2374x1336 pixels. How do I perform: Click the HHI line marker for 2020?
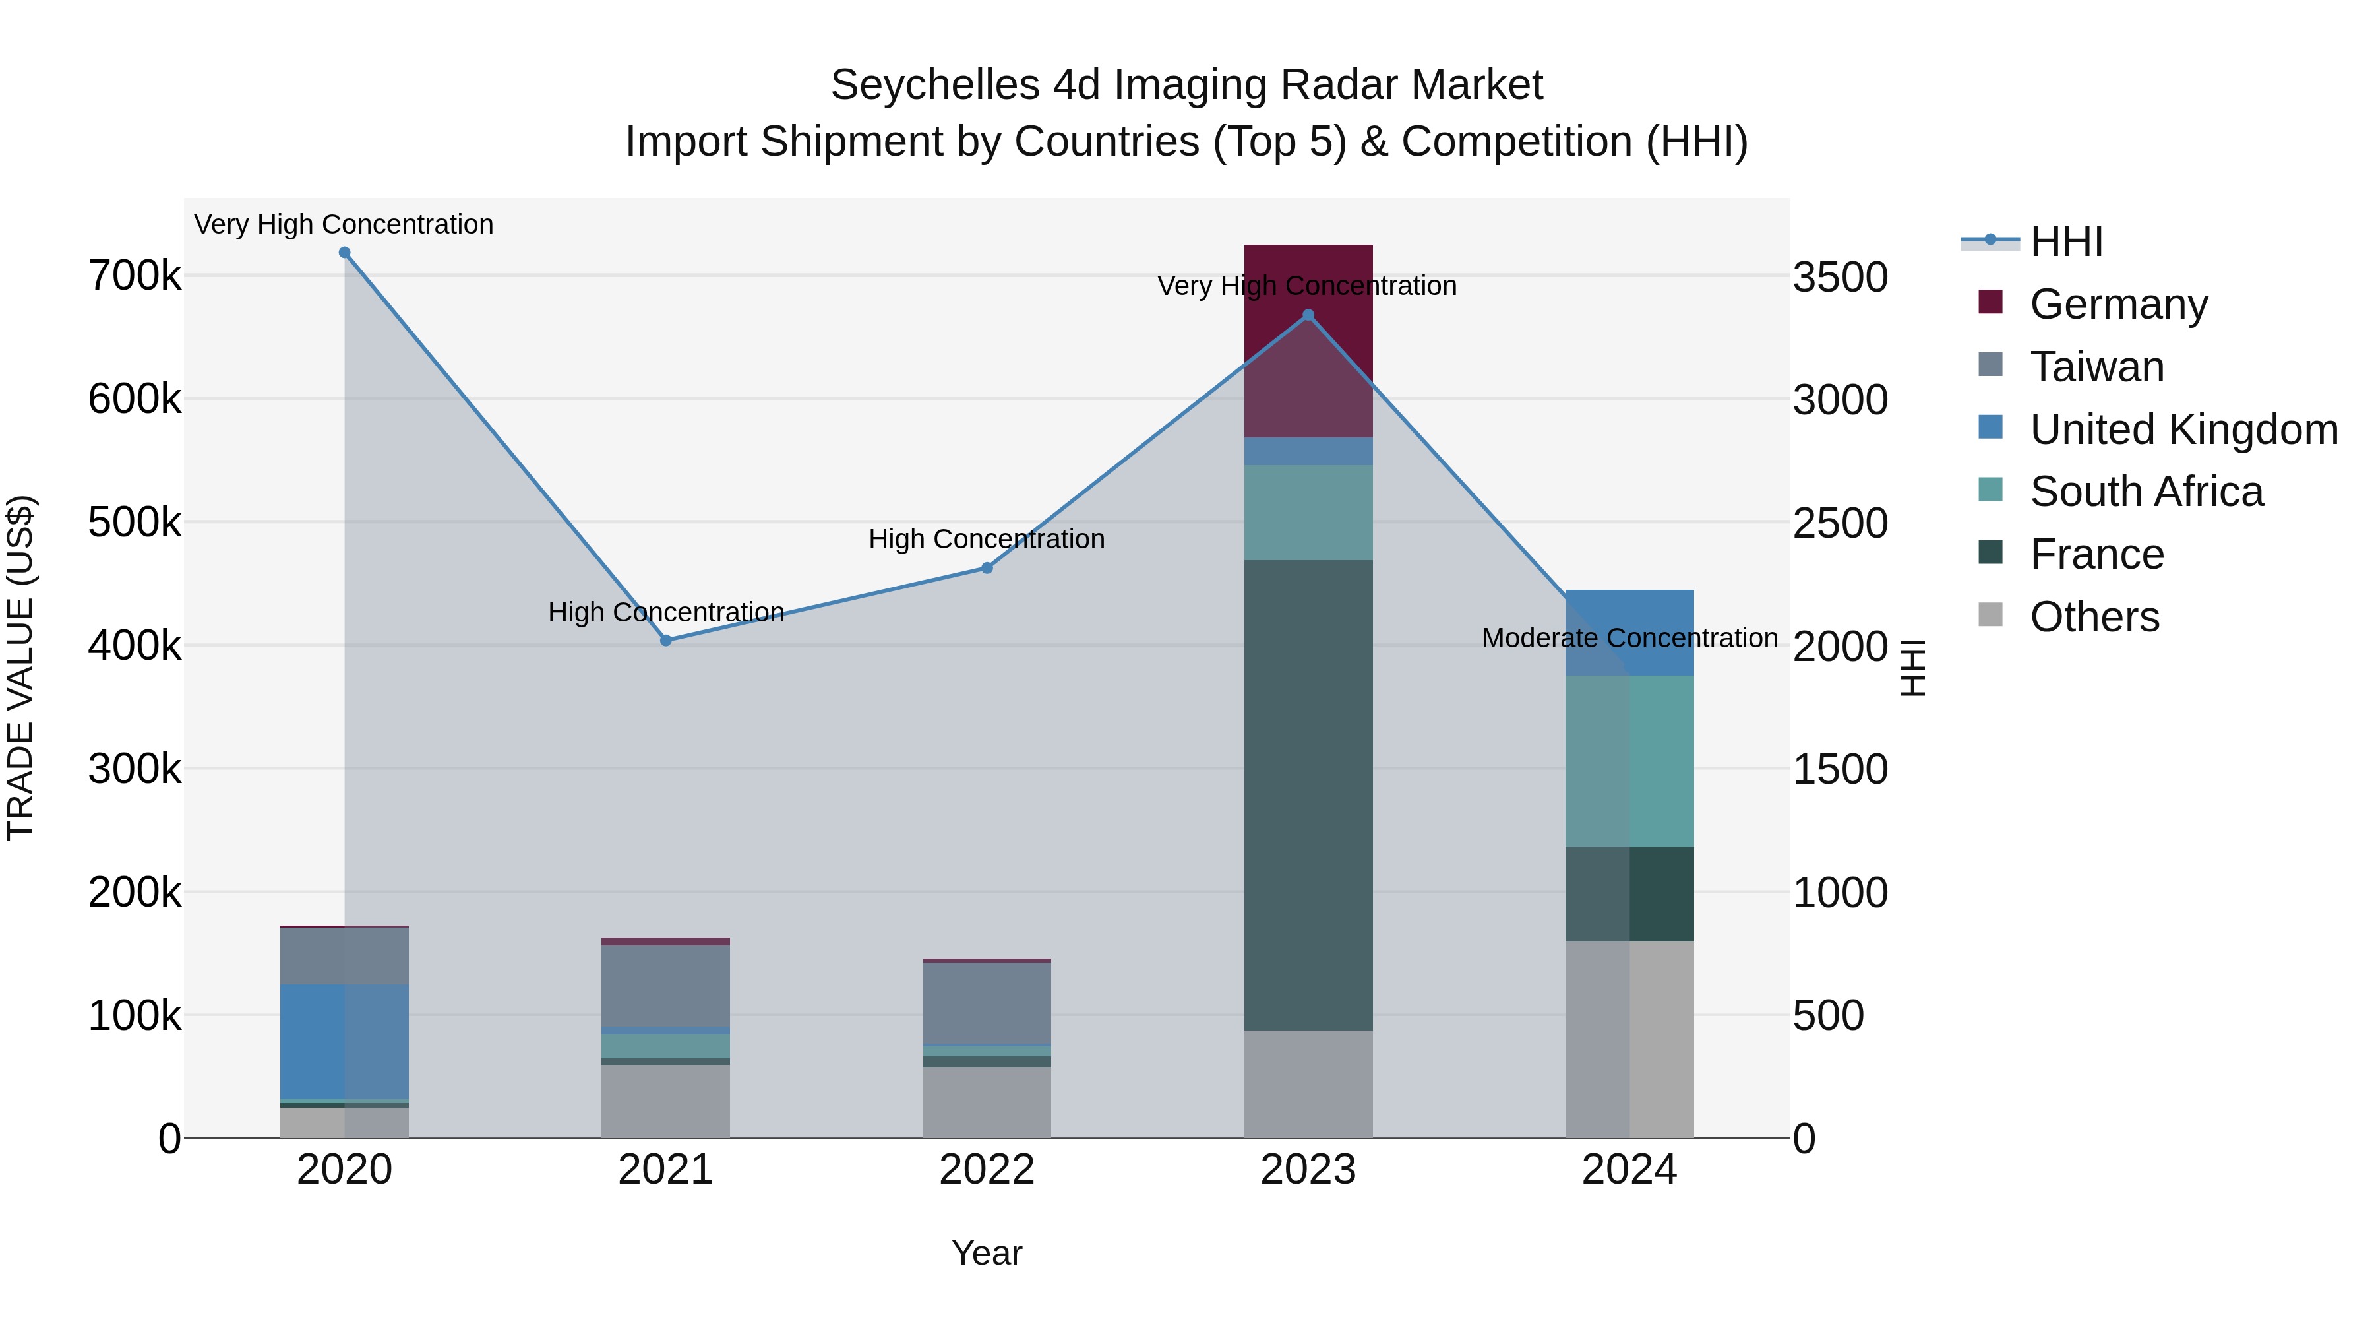(x=345, y=253)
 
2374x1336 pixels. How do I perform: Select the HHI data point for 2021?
(x=666, y=641)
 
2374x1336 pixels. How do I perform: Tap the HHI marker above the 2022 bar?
(x=987, y=568)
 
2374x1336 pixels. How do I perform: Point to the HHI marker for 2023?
(x=1308, y=315)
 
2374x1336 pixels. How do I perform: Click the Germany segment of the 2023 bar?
(x=1308, y=341)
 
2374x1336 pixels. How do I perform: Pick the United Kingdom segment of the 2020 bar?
(x=345, y=1042)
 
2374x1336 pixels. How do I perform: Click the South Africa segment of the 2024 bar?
(x=1629, y=761)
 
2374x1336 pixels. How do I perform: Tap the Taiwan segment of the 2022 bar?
(x=987, y=1003)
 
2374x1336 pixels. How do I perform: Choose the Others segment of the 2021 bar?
(x=666, y=1102)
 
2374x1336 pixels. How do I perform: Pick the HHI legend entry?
(x=2066, y=241)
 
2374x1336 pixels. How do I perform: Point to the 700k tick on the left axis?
(x=135, y=276)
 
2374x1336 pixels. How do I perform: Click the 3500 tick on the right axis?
(x=1839, y=278)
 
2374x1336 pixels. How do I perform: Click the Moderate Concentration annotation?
(x=1629, y=638)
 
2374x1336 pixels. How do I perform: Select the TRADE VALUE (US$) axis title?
(x=20, y=668)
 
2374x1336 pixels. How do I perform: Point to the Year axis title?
(x=987, y=1253)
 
